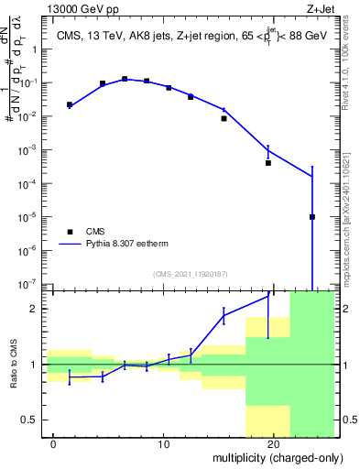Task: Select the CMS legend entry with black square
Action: pos(88,232)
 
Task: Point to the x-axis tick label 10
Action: pos(163,443)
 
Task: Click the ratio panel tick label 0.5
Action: pos(30,420)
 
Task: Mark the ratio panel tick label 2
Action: pos(34,309)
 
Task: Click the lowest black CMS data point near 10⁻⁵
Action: pos(312,217)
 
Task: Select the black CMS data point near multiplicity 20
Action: pos(268,163)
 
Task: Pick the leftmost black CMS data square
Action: pos(70,104)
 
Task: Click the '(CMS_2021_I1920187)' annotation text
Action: pos(190,273)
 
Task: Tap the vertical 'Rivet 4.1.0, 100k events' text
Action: pos(351,64)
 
